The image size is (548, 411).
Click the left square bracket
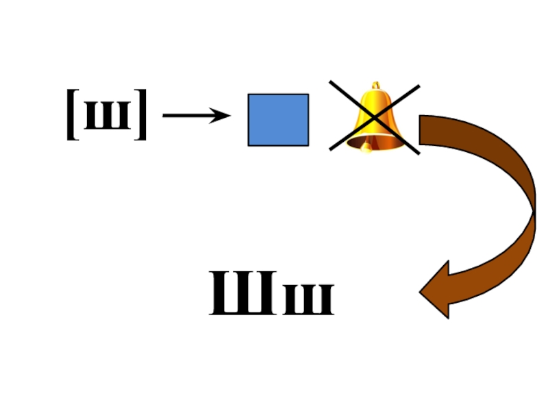tap(72, 115)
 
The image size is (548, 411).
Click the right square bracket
tap(141, 115)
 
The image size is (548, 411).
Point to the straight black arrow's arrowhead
tap(223, 116)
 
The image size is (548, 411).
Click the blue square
tap(278, 120)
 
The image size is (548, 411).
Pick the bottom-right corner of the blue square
tap(308, 145)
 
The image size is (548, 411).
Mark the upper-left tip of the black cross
tap(331, 82)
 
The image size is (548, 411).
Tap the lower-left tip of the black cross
tap(332, 149)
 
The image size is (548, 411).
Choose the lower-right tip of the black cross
tap(419, 153)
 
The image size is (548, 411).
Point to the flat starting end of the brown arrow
tap(421, 130)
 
